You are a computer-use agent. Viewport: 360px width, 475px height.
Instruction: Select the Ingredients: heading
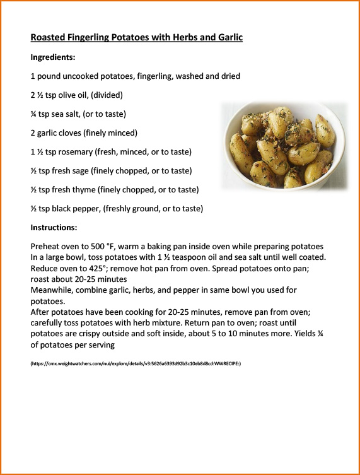click(53, 57)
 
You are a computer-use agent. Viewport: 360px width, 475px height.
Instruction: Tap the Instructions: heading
click(55, 227)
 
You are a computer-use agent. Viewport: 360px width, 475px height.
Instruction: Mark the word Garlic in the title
click(227, 38)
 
